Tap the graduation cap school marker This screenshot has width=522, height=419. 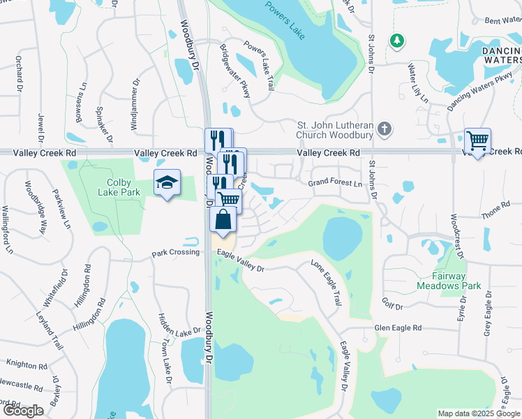tap(167, 183)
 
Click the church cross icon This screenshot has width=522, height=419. tap(385, 128)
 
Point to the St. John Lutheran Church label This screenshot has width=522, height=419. tap(337, 129)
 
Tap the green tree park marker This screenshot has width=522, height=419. tap(397, 41)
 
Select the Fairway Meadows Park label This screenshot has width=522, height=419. tap(449, 281)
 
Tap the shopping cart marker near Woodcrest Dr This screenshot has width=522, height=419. tap(477, 141)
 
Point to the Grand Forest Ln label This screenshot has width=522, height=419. tap(336, 184)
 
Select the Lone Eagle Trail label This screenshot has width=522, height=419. tap(327, 283)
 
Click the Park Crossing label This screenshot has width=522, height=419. tap(176, 252)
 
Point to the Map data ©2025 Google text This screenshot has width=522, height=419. tap(478, 413)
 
